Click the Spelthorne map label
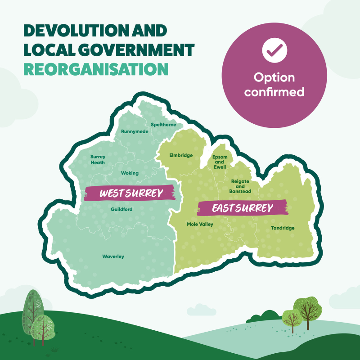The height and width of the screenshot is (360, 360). [x=164, y=124]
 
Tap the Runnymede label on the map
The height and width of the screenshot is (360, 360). [x=135, y=132]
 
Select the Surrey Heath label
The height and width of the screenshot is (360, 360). [x=98, y=160]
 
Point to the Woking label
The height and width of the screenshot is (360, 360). [x=130, y=173]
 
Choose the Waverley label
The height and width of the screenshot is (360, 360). [x=113, y=256]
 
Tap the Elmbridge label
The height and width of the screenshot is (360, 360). [x=181, y=155]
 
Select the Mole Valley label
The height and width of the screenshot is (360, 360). [x=200, y=224]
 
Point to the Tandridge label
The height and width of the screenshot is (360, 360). [x=283, y=228]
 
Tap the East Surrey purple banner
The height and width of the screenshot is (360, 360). [x=243, y=208]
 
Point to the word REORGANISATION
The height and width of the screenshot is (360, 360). [x=96, y=69]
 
